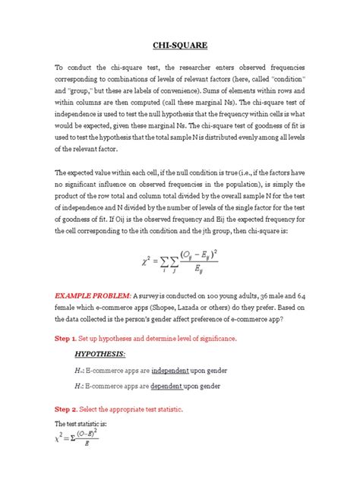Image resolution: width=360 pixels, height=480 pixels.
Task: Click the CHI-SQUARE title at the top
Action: (x=180, y=45)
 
